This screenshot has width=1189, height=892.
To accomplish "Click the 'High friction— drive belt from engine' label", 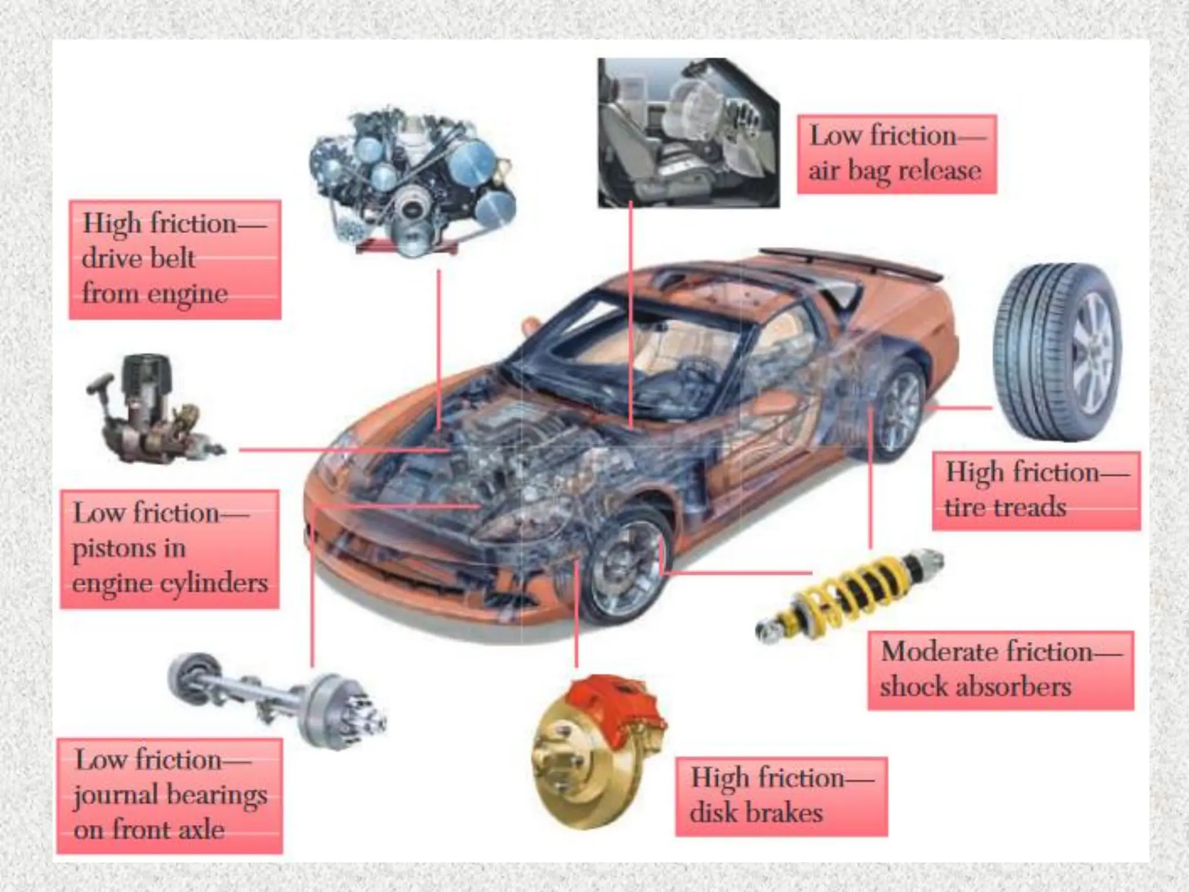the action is tap(175, 260).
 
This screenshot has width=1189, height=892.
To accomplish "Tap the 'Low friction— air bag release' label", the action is tap(896, 154).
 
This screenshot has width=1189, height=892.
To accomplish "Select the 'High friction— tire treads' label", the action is tap(1036, 491).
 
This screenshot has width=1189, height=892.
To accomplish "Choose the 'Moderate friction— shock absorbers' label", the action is tap(1000, 670).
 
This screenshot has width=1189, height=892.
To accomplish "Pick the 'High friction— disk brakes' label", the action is tap(781, 796).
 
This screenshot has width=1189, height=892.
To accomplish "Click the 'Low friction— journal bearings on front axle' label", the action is tap(170, 796).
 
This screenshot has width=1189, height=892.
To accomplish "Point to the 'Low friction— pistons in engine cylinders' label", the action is tap(170, 549).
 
